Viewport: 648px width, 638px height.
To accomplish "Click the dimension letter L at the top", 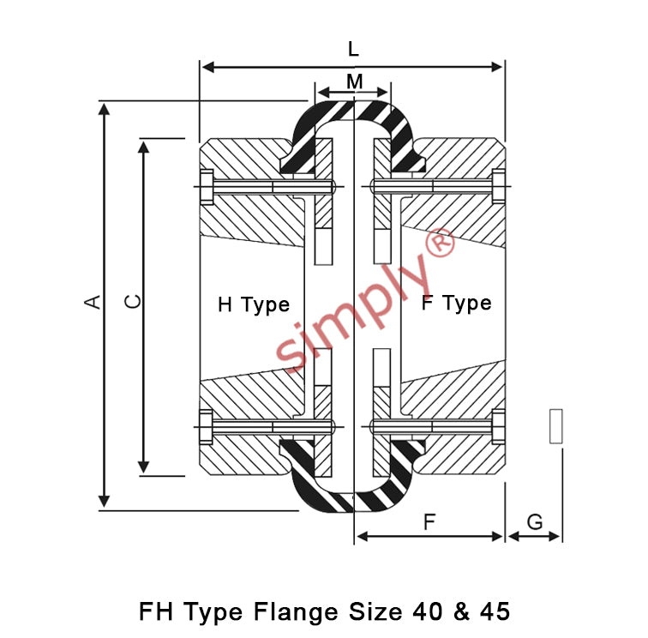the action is (353, 49).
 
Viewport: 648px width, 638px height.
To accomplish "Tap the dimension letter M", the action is (355, 81).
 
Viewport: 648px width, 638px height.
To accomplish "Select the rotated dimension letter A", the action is (93, 302).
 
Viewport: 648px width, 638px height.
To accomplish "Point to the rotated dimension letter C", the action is (133, 302).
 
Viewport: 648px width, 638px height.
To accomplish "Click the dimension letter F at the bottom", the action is (429, 522).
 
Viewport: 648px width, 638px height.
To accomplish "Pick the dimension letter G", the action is (535, 522).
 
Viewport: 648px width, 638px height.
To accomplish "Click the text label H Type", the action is (254, 305).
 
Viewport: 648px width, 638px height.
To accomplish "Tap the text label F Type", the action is (457, 304).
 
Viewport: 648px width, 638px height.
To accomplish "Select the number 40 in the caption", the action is (428, 611).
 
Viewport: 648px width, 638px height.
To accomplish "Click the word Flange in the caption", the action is (296, 612).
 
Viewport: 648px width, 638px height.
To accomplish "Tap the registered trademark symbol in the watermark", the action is (440, 244).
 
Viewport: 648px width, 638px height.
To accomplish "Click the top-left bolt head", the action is (207, 187).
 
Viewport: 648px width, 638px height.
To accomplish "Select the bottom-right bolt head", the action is (498, 427).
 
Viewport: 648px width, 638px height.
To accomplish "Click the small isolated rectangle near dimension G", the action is (555, 426).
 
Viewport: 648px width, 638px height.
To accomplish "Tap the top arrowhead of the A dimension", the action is (105, 109).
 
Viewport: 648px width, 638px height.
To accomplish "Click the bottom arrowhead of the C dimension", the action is (143, 467).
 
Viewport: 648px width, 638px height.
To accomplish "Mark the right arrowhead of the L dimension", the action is (497, 67).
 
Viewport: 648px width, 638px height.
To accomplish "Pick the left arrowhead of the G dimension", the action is (513, 537).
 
